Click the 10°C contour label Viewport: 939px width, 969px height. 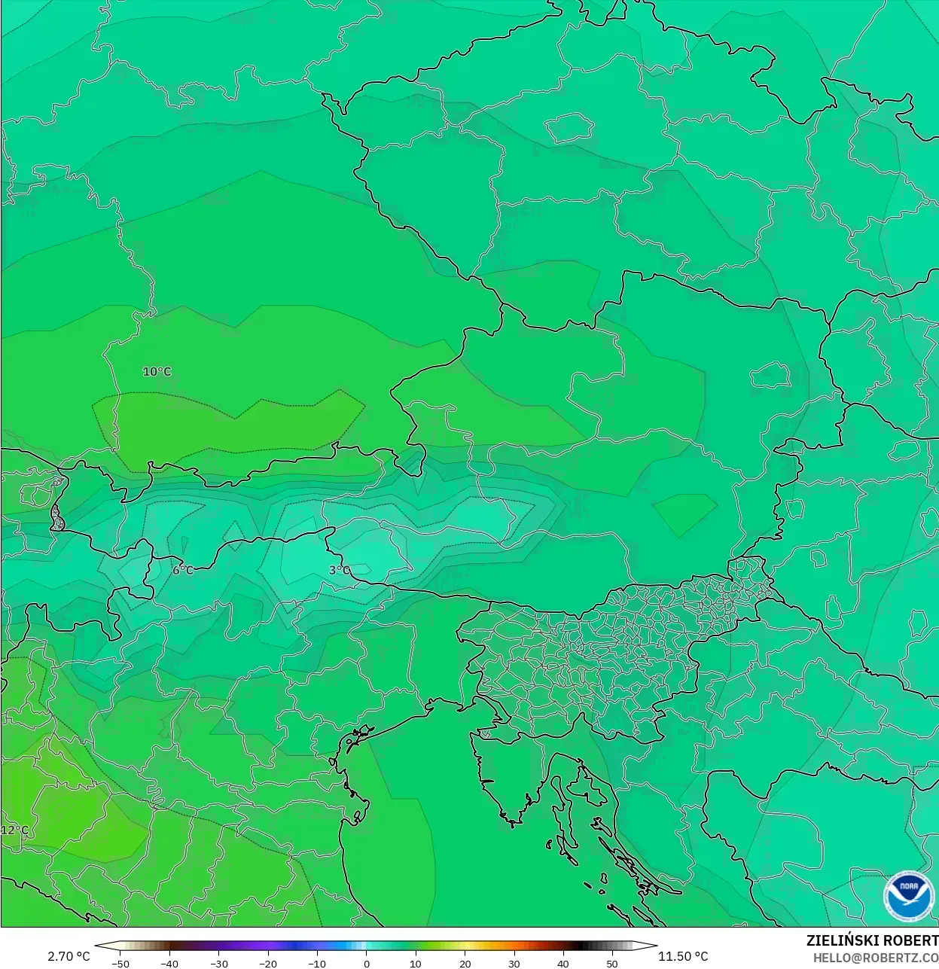(x=157, y=371)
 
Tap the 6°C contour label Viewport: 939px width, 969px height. (x=182, y=570)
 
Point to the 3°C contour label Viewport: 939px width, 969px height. (x=340, y=570)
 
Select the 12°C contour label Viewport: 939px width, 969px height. (x=14, y=830)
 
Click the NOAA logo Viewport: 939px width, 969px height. (x=909, y=897)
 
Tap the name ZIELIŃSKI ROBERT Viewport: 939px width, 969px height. (x=872, y=940)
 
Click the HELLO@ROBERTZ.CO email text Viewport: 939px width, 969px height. (x=875, y=957)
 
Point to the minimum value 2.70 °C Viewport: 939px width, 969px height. (x=69, y=956)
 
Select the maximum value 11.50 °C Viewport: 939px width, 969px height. (x=683, y=956)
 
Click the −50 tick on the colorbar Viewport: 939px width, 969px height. (x=120, y=963)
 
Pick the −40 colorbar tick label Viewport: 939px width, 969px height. (x=169, y=963)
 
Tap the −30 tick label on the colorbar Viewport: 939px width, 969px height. (x=218, y=963)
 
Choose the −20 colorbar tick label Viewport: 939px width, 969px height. (x=267, y=963)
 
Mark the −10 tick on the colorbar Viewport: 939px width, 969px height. (x=317, y=963)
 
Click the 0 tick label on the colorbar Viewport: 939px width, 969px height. (x=367, y=963)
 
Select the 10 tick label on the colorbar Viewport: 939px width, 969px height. (x=416, y=963)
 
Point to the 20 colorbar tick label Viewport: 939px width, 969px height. (x=465, y=963)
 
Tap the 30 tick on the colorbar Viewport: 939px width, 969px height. (x=514, y=963)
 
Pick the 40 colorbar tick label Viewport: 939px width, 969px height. (x=562, y=963)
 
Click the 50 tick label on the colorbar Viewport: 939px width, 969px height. (x=611, y=963)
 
